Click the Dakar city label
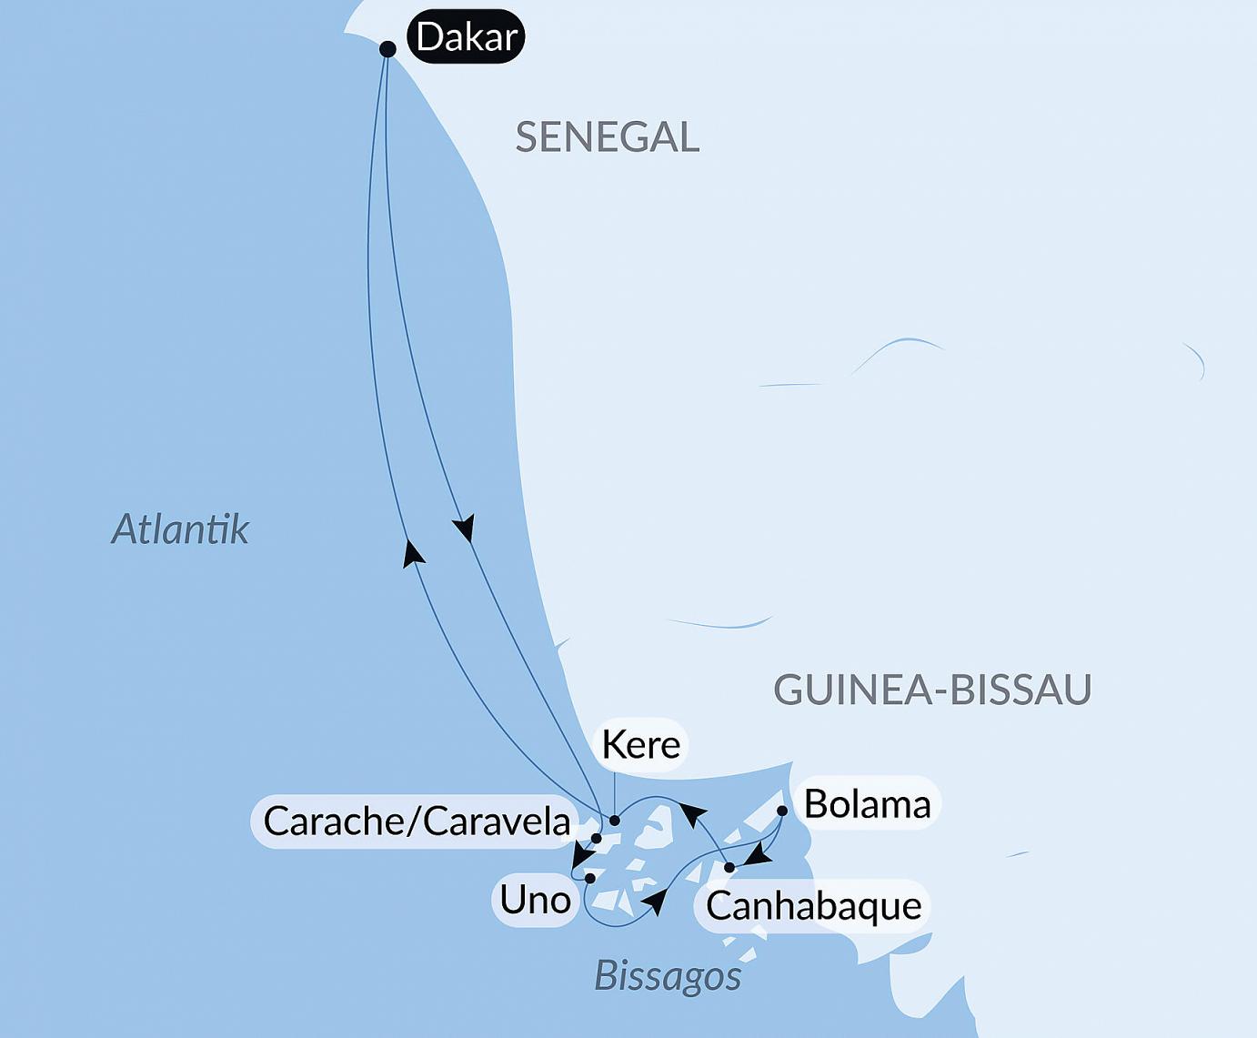[x=466, y=37]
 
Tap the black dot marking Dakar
[x=387, y=49]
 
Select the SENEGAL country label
[x=607, y=137]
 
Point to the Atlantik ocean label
[x=180, y=529]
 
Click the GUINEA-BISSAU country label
[x=931, y=690]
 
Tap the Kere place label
[x=640, y=745]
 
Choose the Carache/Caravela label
[x=417, y=821]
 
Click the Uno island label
[x=535, y=901]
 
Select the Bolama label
[x=867, y=804]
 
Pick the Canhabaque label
[x=813, y=906]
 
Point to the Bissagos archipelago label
[x=668, y=976]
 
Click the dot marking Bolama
[x=782, y=811]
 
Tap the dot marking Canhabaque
[x=729, y=868]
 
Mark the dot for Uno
[x=590, y=879]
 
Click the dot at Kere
[x=615, y=821]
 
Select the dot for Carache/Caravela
[x=597, y=839]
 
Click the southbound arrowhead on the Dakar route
[x=465, y=529]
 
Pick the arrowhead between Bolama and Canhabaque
[x=758, y=855]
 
